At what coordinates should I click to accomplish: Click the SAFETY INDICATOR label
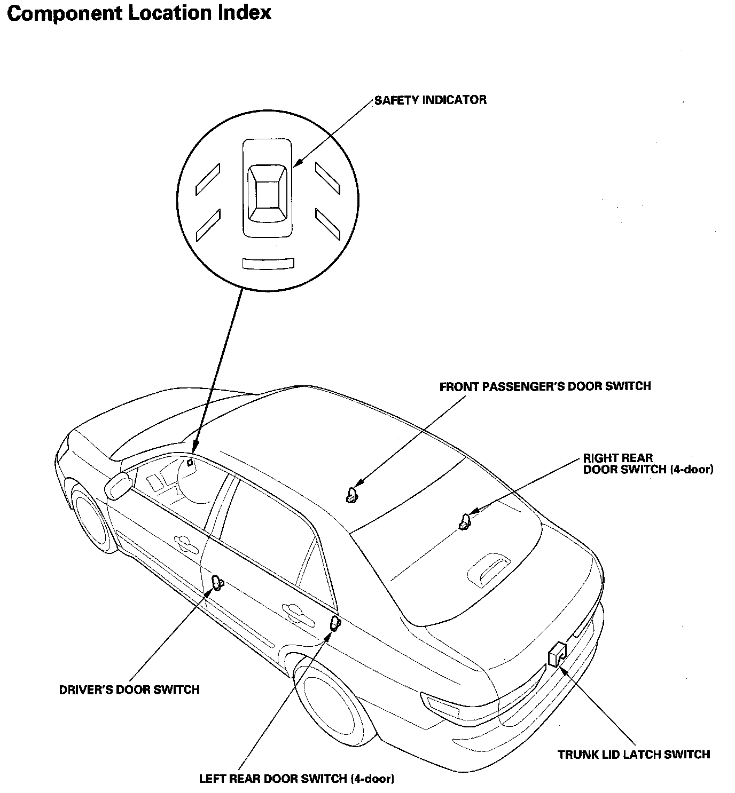(430, 100)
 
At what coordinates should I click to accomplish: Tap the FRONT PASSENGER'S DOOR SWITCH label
(545, 386)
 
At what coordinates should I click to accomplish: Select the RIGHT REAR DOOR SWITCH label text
(647, 464)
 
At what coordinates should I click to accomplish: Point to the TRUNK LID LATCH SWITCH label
(634, 754)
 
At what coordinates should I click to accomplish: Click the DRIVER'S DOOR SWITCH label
(129, 689)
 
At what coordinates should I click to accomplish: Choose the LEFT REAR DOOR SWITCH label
(296, 778)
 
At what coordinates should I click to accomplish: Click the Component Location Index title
(139, 13)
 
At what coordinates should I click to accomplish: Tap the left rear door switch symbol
(334, 623)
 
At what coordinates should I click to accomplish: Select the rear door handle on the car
(292, 613)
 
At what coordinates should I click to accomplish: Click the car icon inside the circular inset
(268, 188)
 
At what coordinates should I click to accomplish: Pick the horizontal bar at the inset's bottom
(268, 263)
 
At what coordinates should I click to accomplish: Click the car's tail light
(440, 705)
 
